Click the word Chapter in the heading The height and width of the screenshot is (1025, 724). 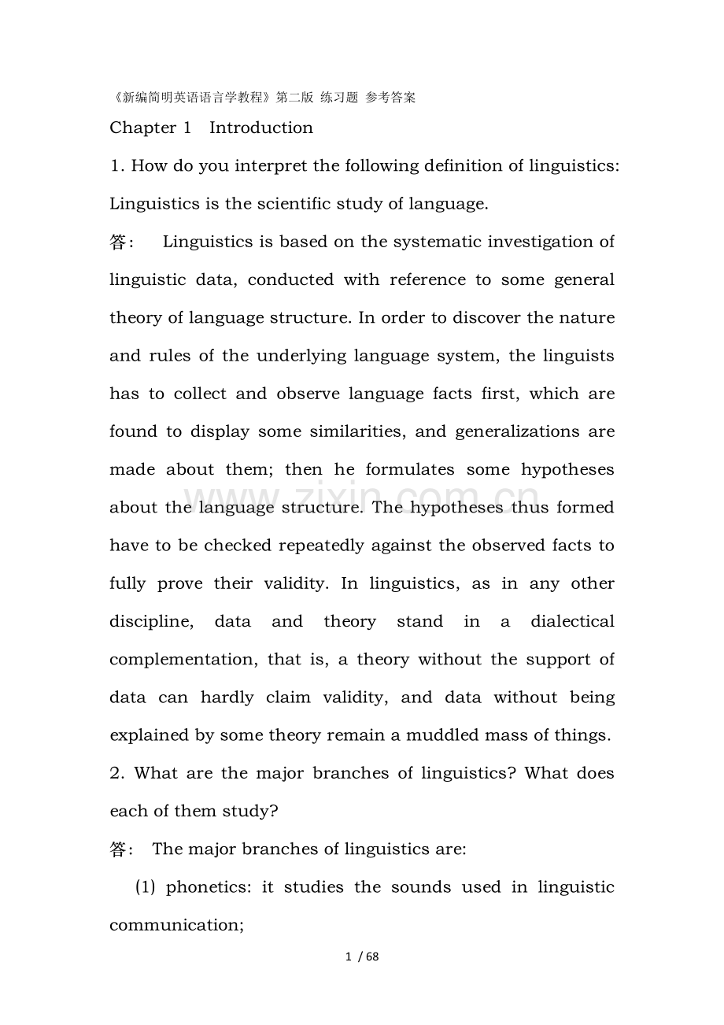(x=143, y=128)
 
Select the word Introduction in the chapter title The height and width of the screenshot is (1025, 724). (x=261, y=128)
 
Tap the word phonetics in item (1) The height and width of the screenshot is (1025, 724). (x=208, y=887)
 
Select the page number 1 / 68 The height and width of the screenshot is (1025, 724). (x=362, y=957)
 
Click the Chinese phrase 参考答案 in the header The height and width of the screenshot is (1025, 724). (x=391, y=98)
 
